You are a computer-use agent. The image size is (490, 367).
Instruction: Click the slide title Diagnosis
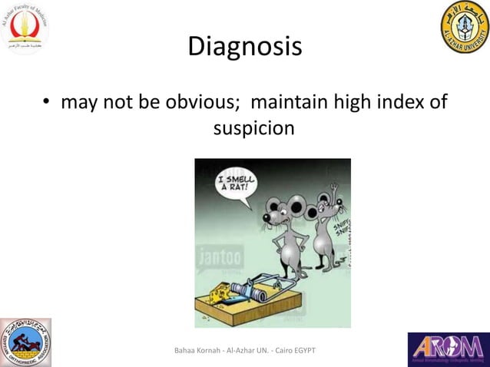(245, 47)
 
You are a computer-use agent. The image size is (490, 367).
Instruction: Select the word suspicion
(253, 128)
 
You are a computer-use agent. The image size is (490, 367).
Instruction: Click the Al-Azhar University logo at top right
(464, 27)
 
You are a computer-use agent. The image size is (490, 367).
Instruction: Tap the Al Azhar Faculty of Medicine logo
(25, 28)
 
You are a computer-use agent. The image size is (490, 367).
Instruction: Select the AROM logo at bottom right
(448, 349)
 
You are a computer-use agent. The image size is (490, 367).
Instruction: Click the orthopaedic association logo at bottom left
(25, 342)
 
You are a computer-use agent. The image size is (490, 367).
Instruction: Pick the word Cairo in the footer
(281, 351)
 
